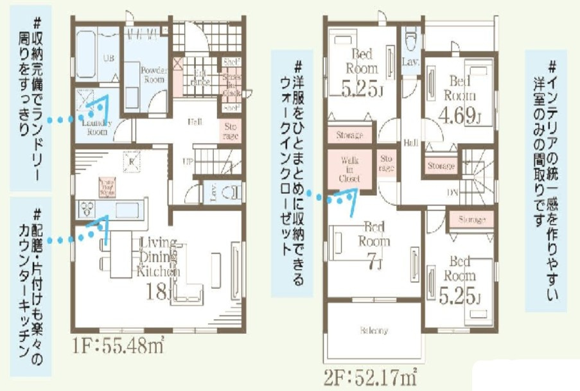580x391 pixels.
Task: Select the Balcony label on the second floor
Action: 373,331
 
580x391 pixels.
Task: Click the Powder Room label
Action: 155,74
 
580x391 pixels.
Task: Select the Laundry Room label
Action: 96,126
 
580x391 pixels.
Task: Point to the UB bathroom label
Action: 109,58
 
